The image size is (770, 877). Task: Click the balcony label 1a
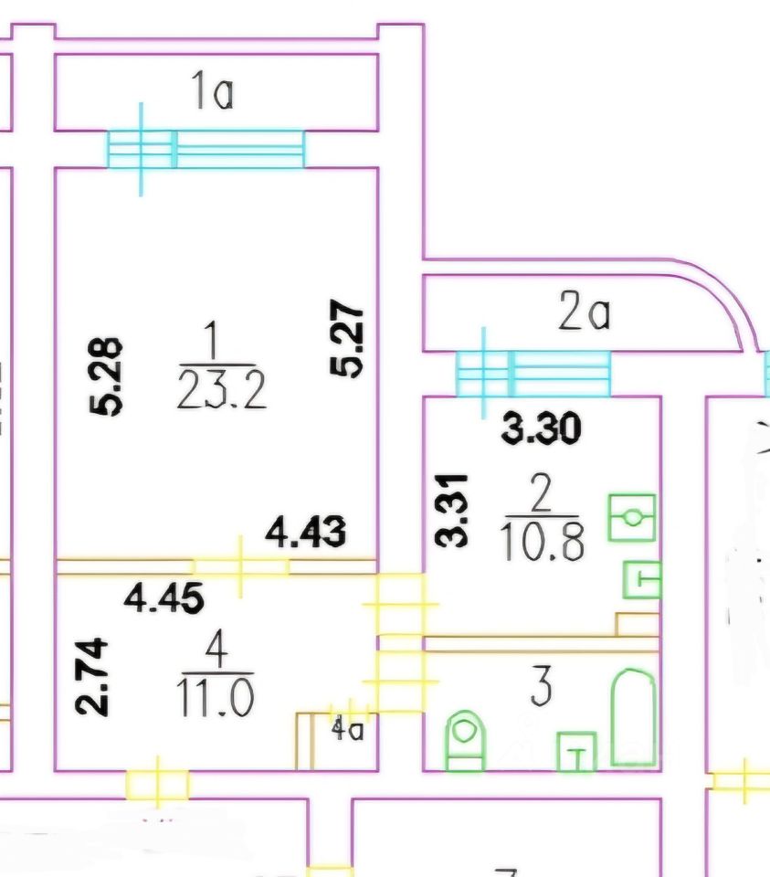tap(212, 92)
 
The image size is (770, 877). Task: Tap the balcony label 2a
tap(585, 314)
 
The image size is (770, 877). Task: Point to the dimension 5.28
tap(108, 376)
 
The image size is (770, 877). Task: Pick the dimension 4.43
tap(305, 532)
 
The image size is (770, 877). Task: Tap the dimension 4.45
tap(163, 598)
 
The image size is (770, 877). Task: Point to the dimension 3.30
tap(542, 428)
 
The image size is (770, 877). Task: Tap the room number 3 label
tap(541, 688)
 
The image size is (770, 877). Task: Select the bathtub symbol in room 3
tap(633, 717)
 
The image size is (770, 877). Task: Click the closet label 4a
tap(347, 730)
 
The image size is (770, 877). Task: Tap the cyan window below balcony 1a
tap(206, 150)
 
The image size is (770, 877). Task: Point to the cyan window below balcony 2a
tap(533, 373)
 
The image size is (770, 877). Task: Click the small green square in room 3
tap(576, 751)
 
